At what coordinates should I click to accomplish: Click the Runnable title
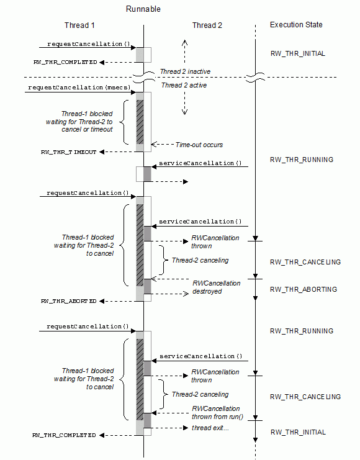(x=143, y=9)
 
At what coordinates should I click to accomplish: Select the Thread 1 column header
(x=79, y=25)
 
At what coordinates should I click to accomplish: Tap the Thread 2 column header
(x=207, y=25)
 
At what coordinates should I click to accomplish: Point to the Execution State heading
(x=296, y=25)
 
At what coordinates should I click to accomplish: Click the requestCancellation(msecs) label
(x=79, y=88)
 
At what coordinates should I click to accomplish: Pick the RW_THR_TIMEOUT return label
(x=69, y=152)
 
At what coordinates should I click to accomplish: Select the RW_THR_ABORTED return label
(x=69, y=301)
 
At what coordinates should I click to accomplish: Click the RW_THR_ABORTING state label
(x=304, y=289)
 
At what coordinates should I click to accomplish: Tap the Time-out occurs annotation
(x=199, y=145)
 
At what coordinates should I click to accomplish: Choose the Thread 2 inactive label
(x=185, y=71)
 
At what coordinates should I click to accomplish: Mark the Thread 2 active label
(x=184, y=85)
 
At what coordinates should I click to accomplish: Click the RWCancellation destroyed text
(x=216, y=287)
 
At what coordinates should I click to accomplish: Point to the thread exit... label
(x=210, y=428)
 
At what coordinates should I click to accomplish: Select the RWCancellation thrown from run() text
(x=217, y=412)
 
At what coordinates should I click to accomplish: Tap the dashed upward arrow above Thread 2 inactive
(x=184, y=52)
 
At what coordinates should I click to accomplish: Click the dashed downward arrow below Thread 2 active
(x=184, y=102)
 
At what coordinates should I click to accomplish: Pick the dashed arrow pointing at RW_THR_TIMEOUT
(x=118, y=152)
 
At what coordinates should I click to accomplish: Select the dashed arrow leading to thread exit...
(x=169, y=428)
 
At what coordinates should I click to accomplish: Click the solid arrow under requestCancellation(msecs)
(x=81, y=92)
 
